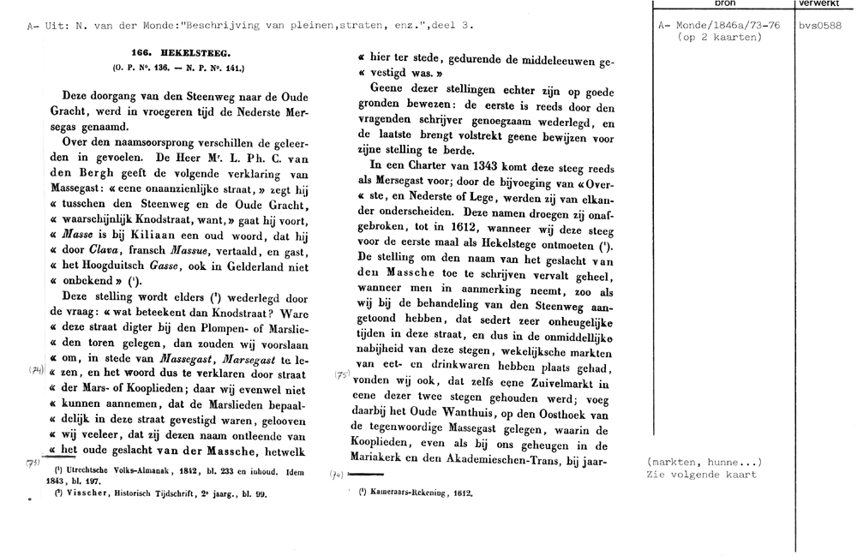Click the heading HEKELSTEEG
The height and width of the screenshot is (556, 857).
click(x=178, y=52)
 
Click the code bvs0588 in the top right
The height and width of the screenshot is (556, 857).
click(x=819, y=26)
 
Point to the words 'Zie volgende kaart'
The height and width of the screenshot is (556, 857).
click(x=703, y=475)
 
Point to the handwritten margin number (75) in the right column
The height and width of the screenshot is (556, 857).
click(x=339, y=374)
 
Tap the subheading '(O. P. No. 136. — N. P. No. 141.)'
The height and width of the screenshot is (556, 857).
click(x=178, y=67)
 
